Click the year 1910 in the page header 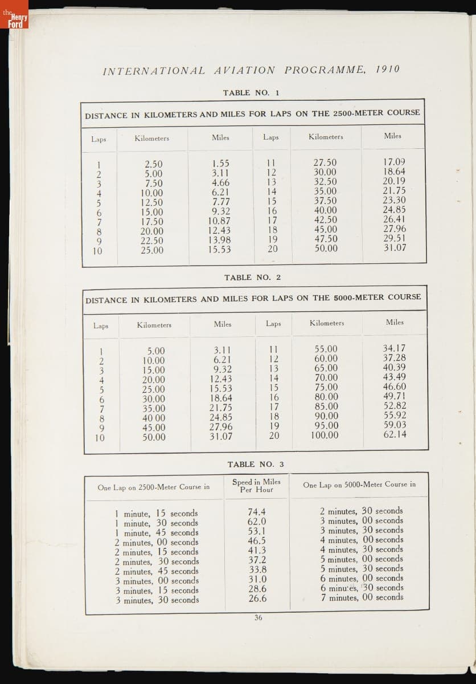[388, 69]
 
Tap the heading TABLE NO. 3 [256, 464]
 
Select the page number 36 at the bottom [258, 618]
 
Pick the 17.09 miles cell [395, 162]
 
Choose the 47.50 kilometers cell [325, 239]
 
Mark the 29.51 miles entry [395, 238]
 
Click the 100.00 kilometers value [324, 435]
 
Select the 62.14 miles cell [395, 434]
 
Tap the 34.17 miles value [395, 348]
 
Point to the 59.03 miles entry [395, 425]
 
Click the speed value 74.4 [257, 512]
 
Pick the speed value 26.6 [257, 598]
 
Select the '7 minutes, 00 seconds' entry [361, 597]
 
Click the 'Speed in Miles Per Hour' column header [256, 486]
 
